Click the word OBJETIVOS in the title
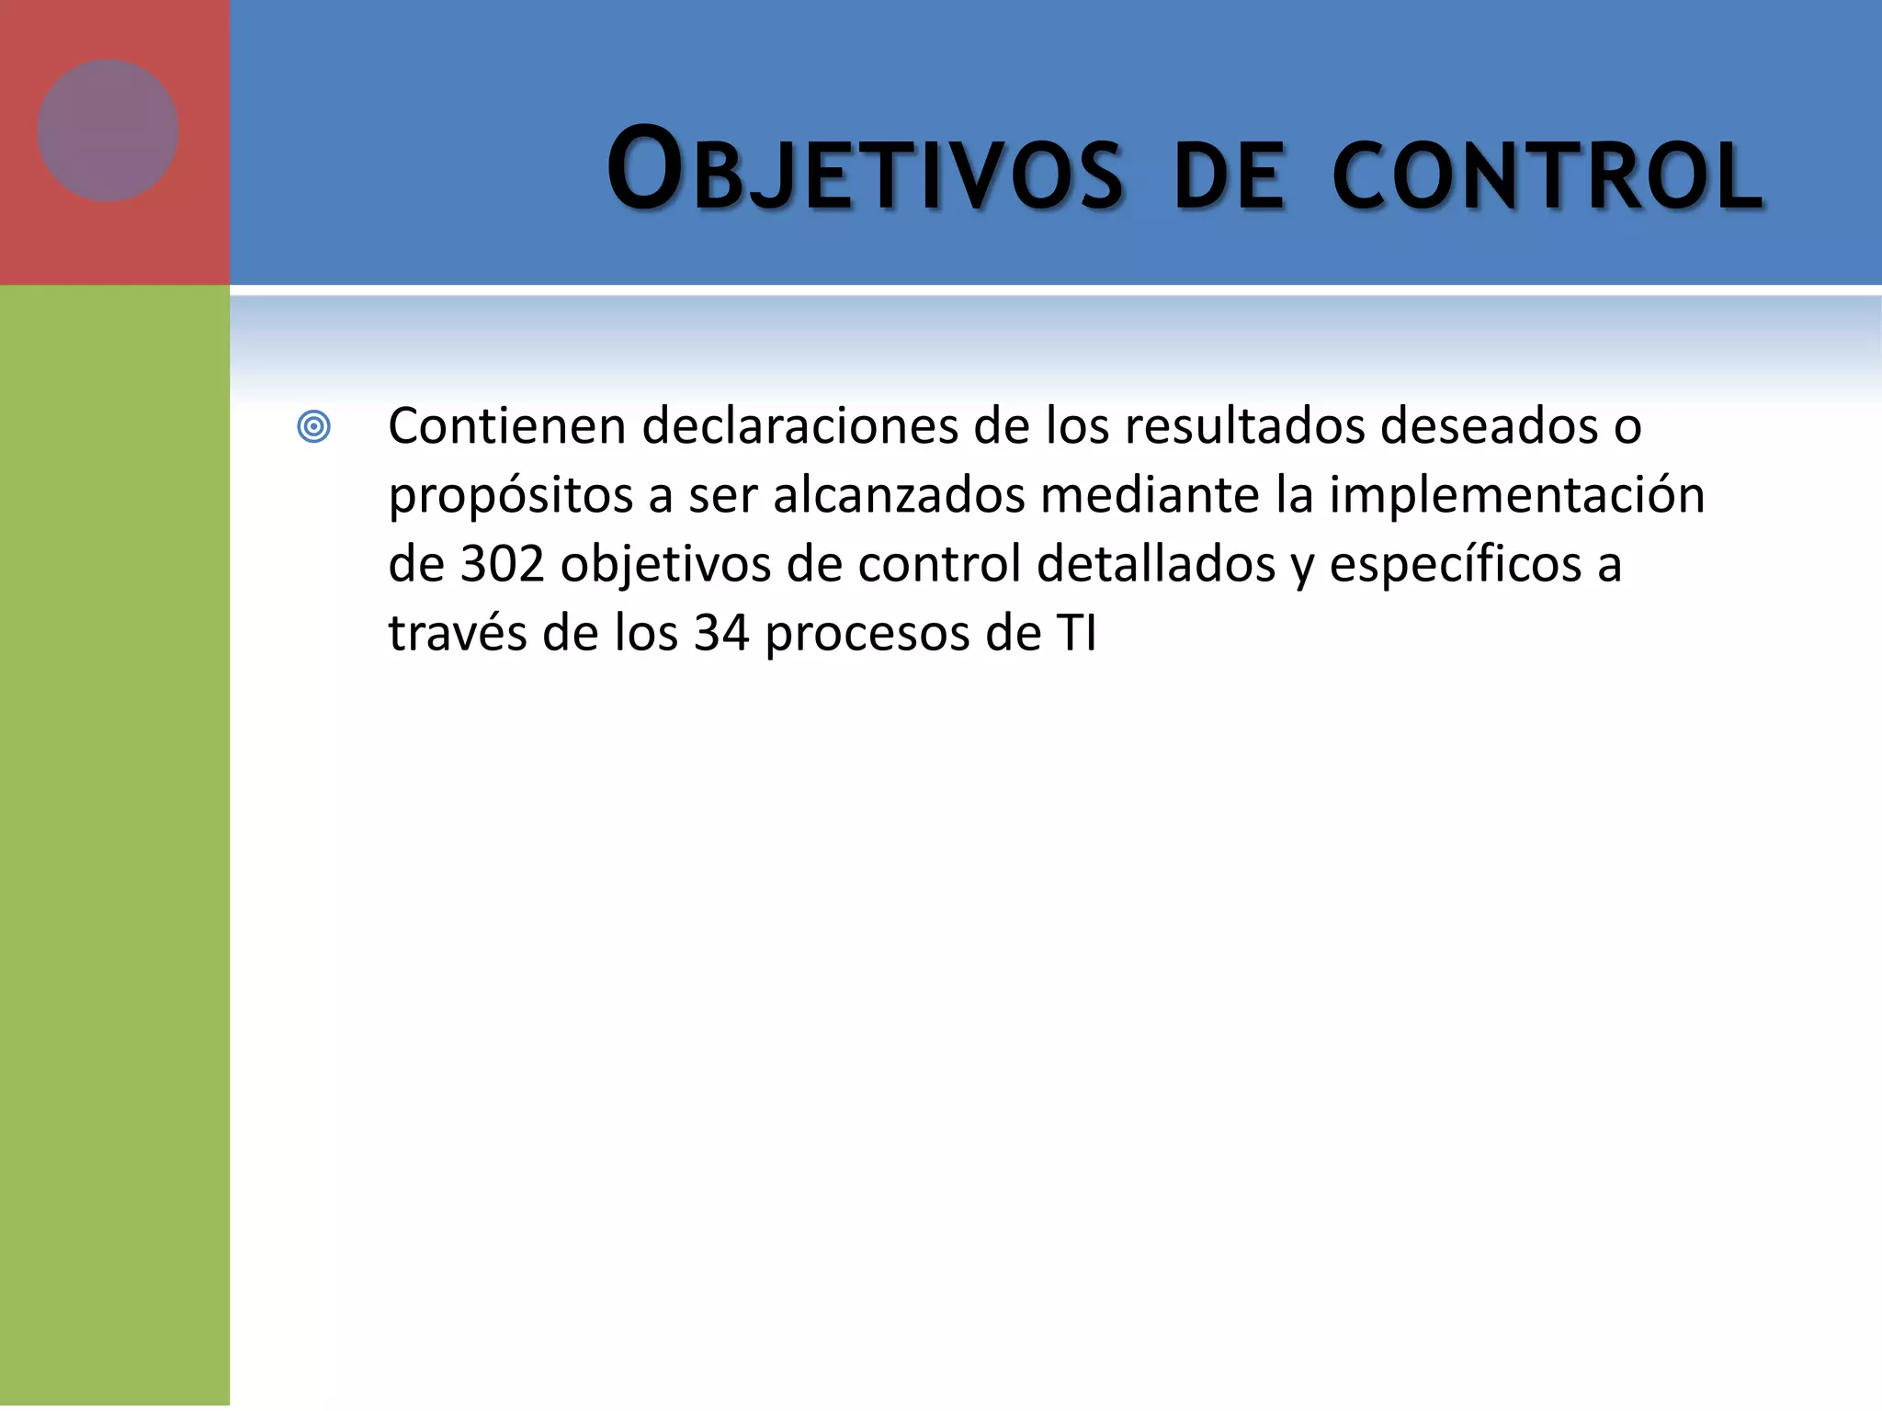(x=864, y=172)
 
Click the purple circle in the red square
(x=108, y=130)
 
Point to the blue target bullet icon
(x=313, y=427)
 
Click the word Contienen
(x=507, y=426)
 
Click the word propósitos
(x=511, y=497)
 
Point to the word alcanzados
(x=899, y=495)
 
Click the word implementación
(x=1516, y=497)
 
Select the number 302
(x=503, y=564)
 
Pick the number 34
(x=721, y=633)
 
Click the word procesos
(x=867, y=635)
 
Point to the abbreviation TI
(x=1076, y=633)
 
